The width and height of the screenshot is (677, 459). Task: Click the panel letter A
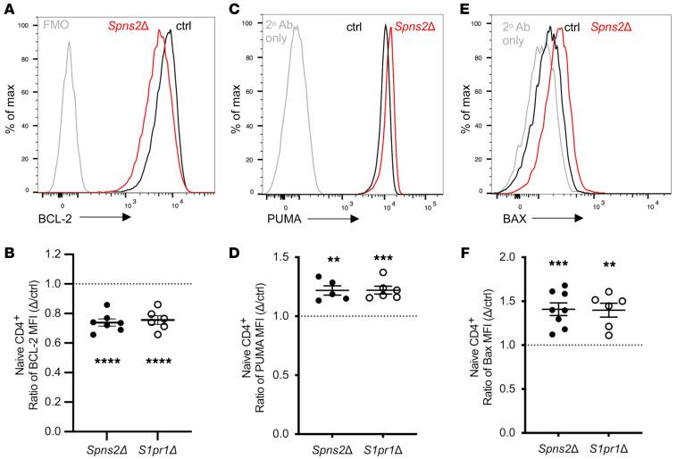[7, 8]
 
